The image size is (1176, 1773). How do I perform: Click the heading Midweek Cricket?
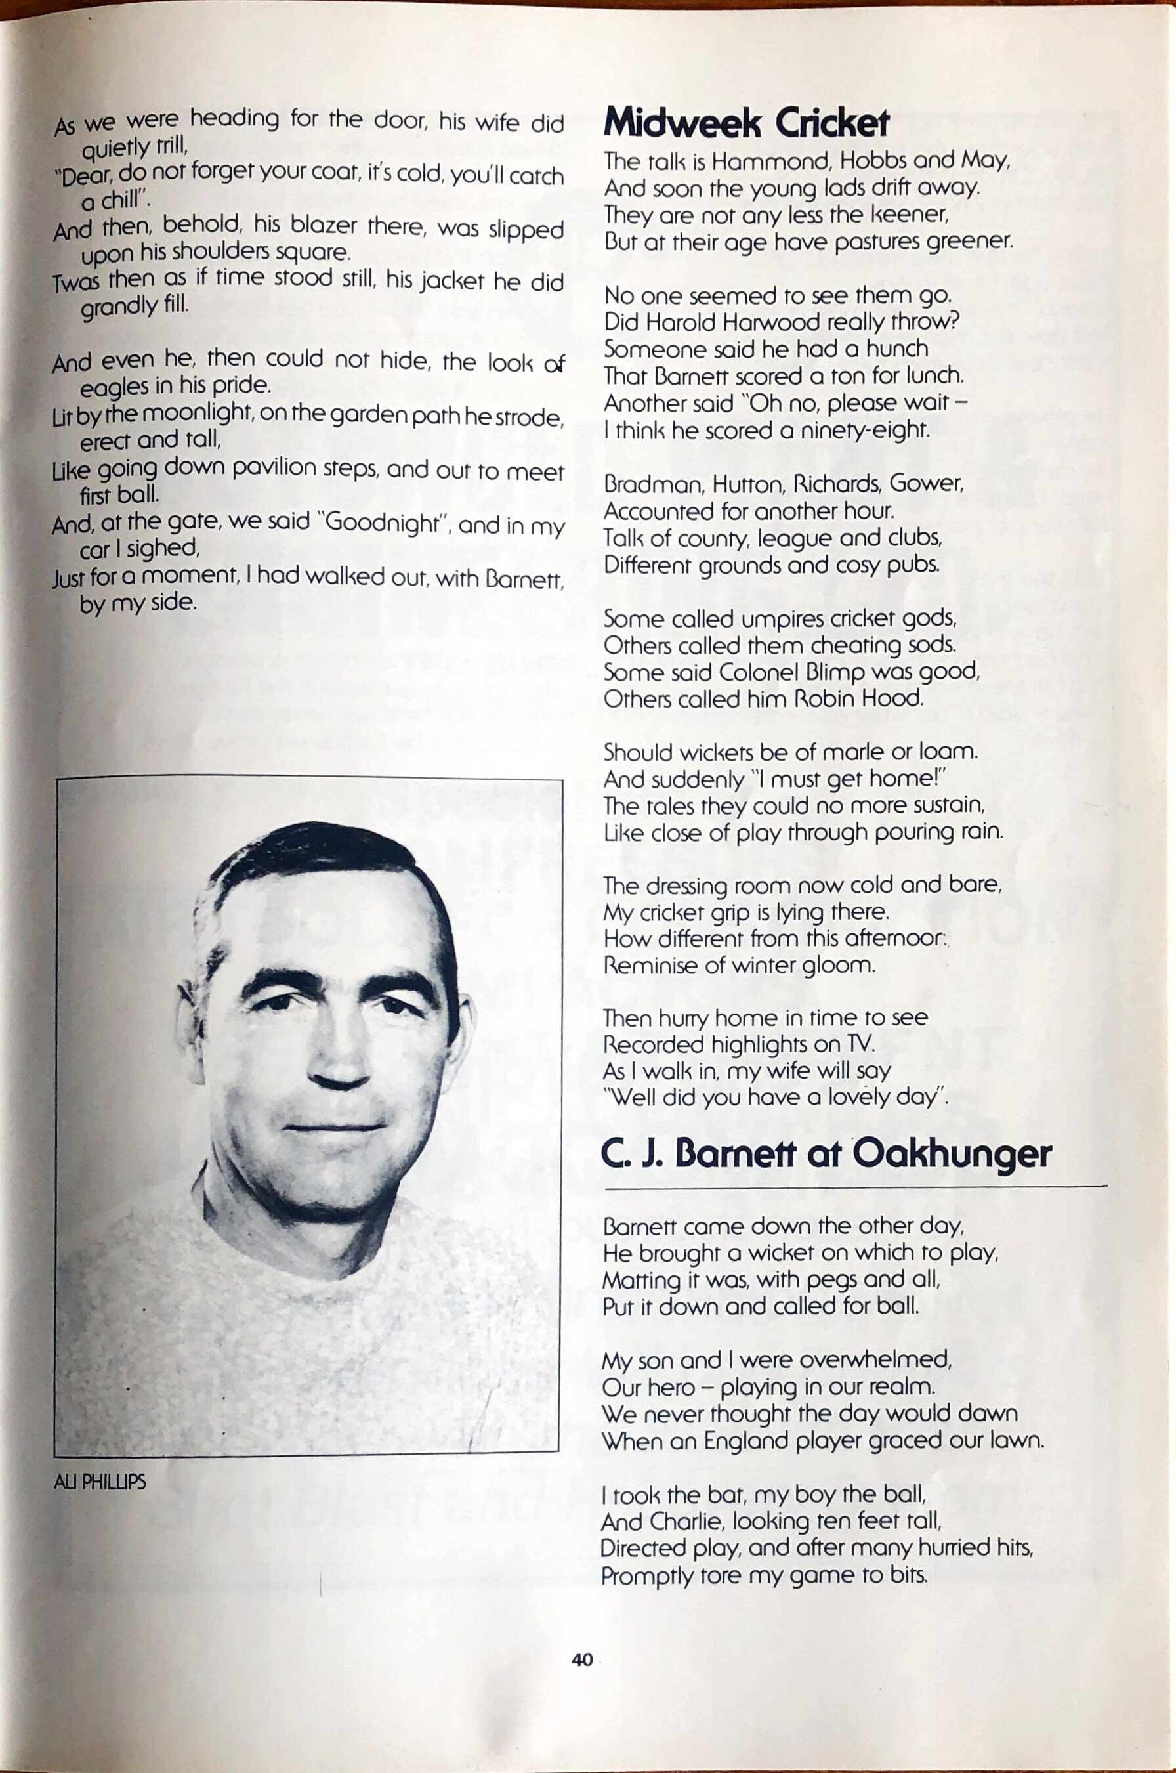point(746,123)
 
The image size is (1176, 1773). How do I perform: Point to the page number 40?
point(582,1659)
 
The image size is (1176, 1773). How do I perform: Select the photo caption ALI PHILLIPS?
point(100,1482)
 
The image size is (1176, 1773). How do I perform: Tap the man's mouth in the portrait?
point(335,1126)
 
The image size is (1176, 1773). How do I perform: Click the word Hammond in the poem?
point(762,161)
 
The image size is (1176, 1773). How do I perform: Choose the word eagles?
point(114,388)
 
